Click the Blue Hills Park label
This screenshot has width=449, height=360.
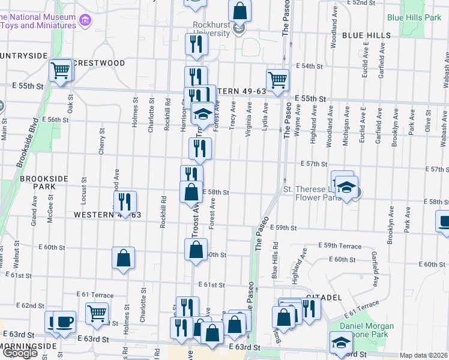pyautogui.click(x=414, y=17)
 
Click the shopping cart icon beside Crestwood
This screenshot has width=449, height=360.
pyautogui.click(x=61, y=70)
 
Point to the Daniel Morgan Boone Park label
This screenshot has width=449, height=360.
pyautogui.click(x=363, y=331)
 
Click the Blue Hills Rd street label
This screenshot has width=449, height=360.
pyautogui.click(x=275, y=260)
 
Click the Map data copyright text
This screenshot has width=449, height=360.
pyautogui.click(x=423, y=355)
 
